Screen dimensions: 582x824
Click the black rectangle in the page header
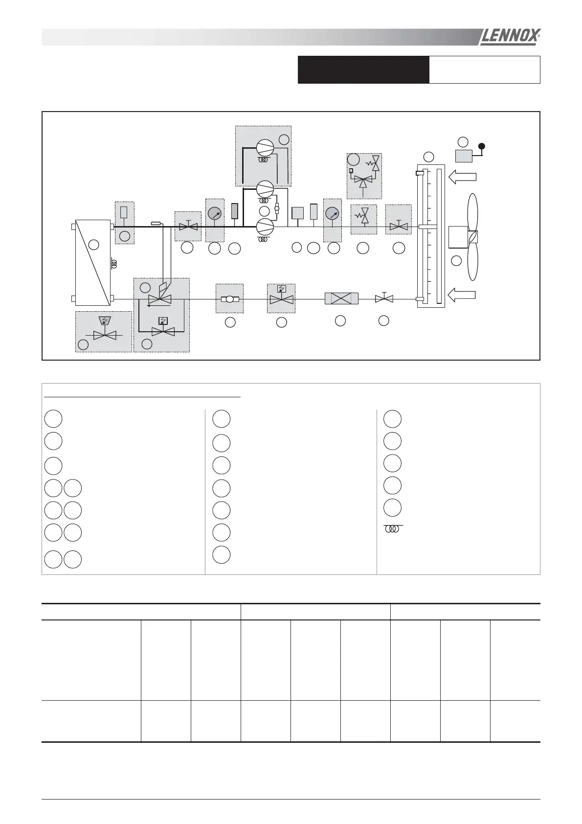tap(363, 69)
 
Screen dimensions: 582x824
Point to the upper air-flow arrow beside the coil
tap(462, 177)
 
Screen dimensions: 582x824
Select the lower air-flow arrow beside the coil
tap(462, 295)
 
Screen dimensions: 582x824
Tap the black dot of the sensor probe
tap(482, 146)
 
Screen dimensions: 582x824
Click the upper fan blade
tap(473, 212)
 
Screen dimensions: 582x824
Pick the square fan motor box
tap(458, 237)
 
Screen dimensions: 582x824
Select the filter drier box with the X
tap(341, 298)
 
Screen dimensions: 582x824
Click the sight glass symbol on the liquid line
tap(229, 299)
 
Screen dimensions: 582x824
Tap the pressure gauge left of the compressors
tap(214, 213)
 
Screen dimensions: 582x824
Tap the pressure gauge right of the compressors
tap(332, 213)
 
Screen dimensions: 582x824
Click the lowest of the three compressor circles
tap(265, 226)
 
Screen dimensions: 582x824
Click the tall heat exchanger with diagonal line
tap(93, 262)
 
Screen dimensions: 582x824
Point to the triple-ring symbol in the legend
tap(393, 529)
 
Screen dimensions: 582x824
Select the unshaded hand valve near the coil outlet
tap(384, 298)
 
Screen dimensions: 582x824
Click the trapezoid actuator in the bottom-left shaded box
tap(104, 321)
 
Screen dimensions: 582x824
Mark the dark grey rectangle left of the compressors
tap(234, 211)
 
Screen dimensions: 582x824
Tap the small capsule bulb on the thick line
tap(157, 224)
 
